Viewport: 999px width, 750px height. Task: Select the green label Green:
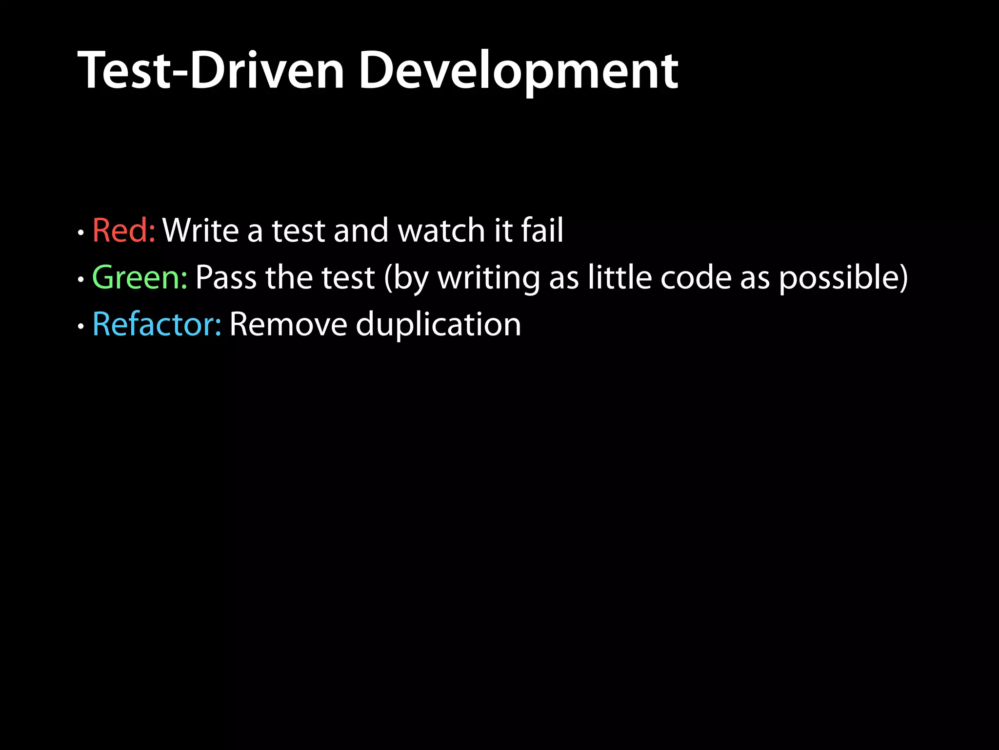pyautogui.click(x=140, y=277)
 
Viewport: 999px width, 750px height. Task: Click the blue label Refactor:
pyautogui.click(x=157, y=324)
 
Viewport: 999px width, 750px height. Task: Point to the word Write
pyautogui.click(x=200, y=230)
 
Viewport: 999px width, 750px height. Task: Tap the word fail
pyautogui.click(x=542, y=230)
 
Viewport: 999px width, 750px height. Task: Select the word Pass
pyautogui.click(x=226, y=277)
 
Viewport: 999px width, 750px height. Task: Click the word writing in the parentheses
pyautogui.click(x=489, y=277)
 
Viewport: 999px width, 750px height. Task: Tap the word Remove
pyautogui.click(x=288, y=324)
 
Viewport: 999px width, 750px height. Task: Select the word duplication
pyautogui.click(x=438, y=325)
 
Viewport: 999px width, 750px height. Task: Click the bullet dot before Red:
pyautogui.click(x=81, y=233)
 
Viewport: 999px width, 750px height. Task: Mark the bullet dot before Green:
pyautogui.click(x=81, y=280)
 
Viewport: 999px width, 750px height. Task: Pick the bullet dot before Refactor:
pyautogui.click(x=81, y=327)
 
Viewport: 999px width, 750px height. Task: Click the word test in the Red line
pyautogui.click(x=298, y=230)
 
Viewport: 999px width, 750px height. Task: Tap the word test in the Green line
pyautogui.click(x=348, y=277)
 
